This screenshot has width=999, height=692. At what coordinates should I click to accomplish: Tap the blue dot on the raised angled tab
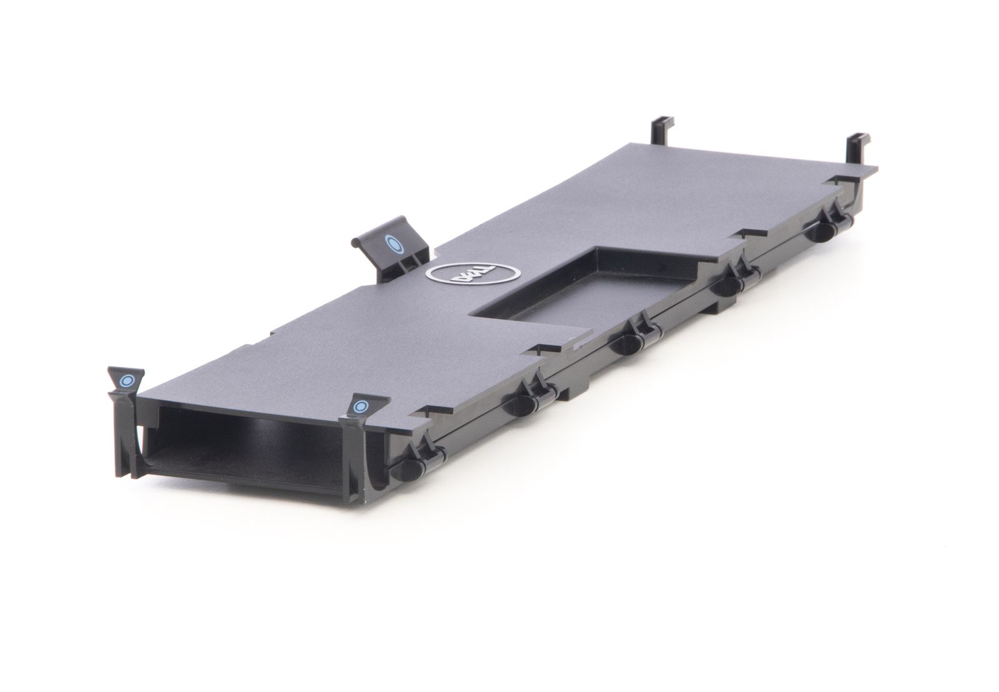coord(394,244)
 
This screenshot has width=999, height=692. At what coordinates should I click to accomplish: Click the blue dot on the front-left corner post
coord(127,380)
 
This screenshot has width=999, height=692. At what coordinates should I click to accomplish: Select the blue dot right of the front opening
coord(360,407)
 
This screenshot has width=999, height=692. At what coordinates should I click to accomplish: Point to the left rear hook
coord(662,131)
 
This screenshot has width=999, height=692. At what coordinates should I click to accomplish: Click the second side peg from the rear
coord(727,285)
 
